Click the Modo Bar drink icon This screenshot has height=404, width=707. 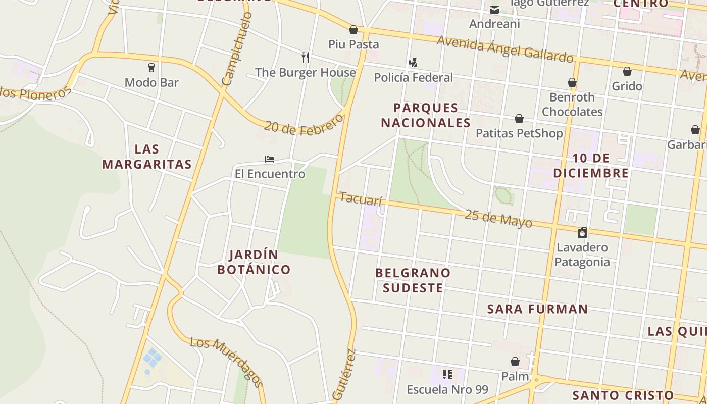pos(151,67)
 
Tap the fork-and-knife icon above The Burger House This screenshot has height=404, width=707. pos(305,57)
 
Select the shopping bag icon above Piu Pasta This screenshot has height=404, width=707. pos(353,30)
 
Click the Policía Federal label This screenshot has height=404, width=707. pos(413,77)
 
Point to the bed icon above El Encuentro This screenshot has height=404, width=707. pos(270,159)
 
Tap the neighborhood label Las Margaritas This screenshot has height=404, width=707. pos(147,157)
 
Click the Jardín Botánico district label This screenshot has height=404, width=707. pos(254,262)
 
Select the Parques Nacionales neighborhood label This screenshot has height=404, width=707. pos(426,115)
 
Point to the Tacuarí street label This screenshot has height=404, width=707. pos(361,198)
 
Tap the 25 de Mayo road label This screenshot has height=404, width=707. pos(498,218)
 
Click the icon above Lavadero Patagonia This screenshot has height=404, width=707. pos(582,233)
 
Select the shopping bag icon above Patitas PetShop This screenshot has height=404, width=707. pos(519,119)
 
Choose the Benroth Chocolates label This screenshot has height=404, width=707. pos(572,104)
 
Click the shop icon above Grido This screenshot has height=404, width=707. pos(627,71)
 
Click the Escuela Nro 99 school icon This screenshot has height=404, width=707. pos(447,375)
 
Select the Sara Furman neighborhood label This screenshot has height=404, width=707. pos(538,309)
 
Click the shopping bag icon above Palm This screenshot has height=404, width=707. pos(515,362)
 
